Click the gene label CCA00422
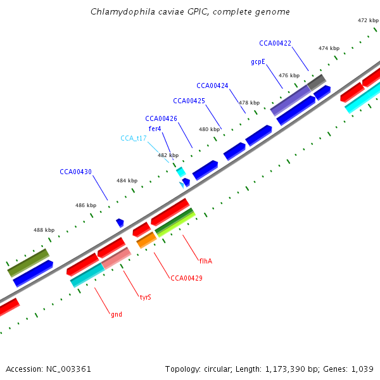(x=275, y=43)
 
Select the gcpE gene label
(x=258, y=62)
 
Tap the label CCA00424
(x=212, y=85)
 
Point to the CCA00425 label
(x=189, y=101)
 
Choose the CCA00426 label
(x=161, y=118)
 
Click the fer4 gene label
(x=155, y=129)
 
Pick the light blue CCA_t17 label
(x=134, y=138)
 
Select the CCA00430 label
(x=75, y=172)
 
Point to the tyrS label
(x=145, y=296)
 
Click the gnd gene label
(x=117, y=314)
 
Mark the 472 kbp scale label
(x=368, y=20)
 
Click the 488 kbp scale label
(x=44, y=230)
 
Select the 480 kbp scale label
(x=209, y=129)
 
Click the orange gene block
(x=146, y=239)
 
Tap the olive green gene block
(x=28, y=262)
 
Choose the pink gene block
(x=116, y=258)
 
